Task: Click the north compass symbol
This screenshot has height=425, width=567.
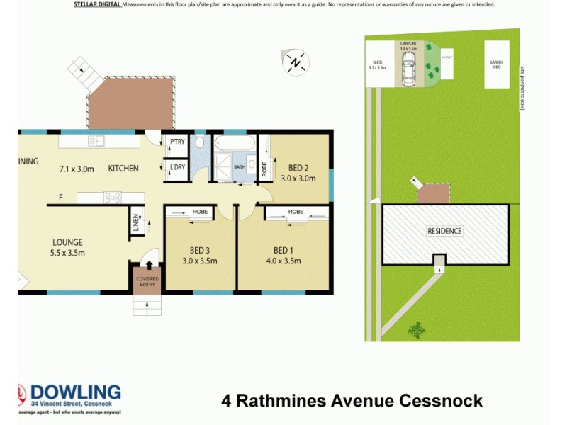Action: click(296, 62)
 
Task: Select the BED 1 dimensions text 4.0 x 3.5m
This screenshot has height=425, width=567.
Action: click(282, 261)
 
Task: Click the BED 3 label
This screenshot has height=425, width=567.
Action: click(198, 250)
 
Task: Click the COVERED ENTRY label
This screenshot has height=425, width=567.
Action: click(148, 282)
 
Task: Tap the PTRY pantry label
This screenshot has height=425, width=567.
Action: click(176, 142)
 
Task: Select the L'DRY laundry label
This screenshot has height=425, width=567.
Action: click(176, 168)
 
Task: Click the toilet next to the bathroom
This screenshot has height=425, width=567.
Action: click(201, 142)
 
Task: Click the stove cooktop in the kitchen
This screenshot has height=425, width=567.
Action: click(114, 198)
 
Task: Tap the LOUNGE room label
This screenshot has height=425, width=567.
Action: click(67, 242)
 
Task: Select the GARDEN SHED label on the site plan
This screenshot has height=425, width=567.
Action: click(496, 64)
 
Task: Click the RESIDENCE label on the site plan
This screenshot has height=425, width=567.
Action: click(444, 231)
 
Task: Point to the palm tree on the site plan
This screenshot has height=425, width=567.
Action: click(417, 329)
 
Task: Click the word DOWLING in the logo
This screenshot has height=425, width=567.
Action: click(75, 392)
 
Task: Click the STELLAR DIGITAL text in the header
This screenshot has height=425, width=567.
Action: click(97, 4)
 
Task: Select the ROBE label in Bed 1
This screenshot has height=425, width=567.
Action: click(296, 212)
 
